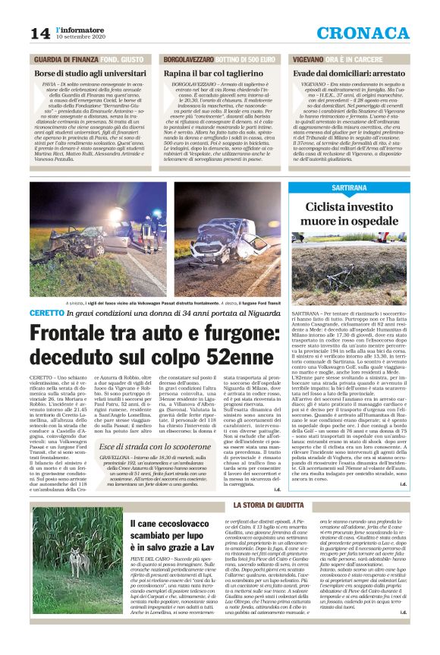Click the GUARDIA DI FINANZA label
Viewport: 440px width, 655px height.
pyautogui.click(x=64, y=58)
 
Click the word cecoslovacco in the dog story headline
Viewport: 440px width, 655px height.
pyautogui.click(x=178, y=524)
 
